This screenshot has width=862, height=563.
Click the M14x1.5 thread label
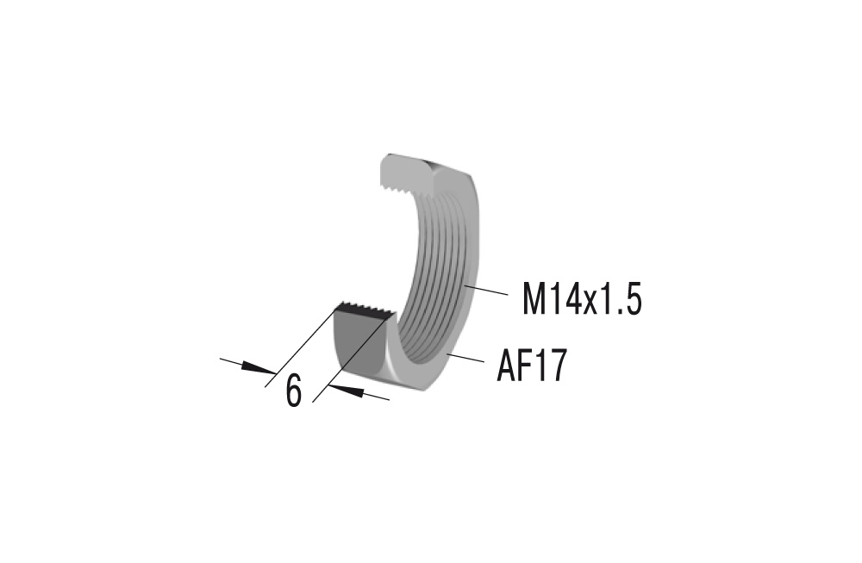tap(582, 299)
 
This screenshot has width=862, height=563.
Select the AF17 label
tap(531, 366)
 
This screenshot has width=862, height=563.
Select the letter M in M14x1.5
tap(536, 299)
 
